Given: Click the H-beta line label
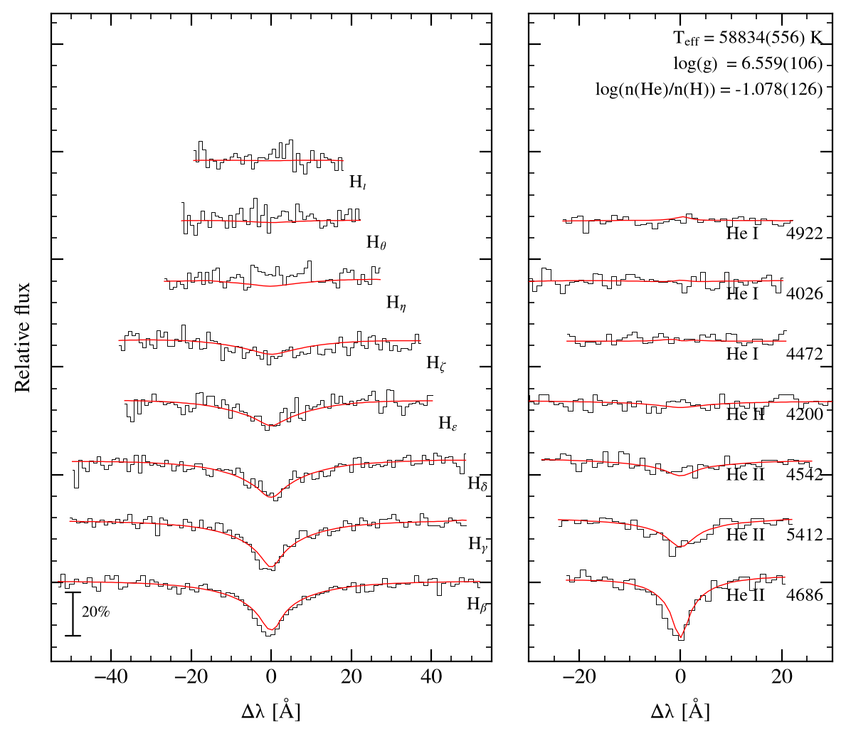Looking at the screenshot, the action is (477, 604).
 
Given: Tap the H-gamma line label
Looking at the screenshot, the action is (477, 544).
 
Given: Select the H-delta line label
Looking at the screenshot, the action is (477, 483).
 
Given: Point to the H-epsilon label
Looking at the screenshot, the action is (448, 423).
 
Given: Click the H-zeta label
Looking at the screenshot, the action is (436, 363).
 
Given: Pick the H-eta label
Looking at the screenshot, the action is (396, 303).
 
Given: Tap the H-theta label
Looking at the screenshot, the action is (376, 242).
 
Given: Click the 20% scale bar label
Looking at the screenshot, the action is (96, 612).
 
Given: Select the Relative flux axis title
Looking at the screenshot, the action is (22, 337).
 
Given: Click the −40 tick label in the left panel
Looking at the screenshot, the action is (111, 676).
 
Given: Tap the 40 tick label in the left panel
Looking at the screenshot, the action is (431, 676).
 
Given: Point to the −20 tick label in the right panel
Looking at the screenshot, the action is (579, 676).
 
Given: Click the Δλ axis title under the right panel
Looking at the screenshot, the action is (680, 711).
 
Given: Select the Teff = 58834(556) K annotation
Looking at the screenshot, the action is (748, 38).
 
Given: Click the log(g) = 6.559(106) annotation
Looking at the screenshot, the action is (748, 63).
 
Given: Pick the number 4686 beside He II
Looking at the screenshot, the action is (805, 595).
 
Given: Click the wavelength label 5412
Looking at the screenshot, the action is (805, 535).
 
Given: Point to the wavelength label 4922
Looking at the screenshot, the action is (805, 234).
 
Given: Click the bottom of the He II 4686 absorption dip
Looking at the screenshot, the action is (680, 639).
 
